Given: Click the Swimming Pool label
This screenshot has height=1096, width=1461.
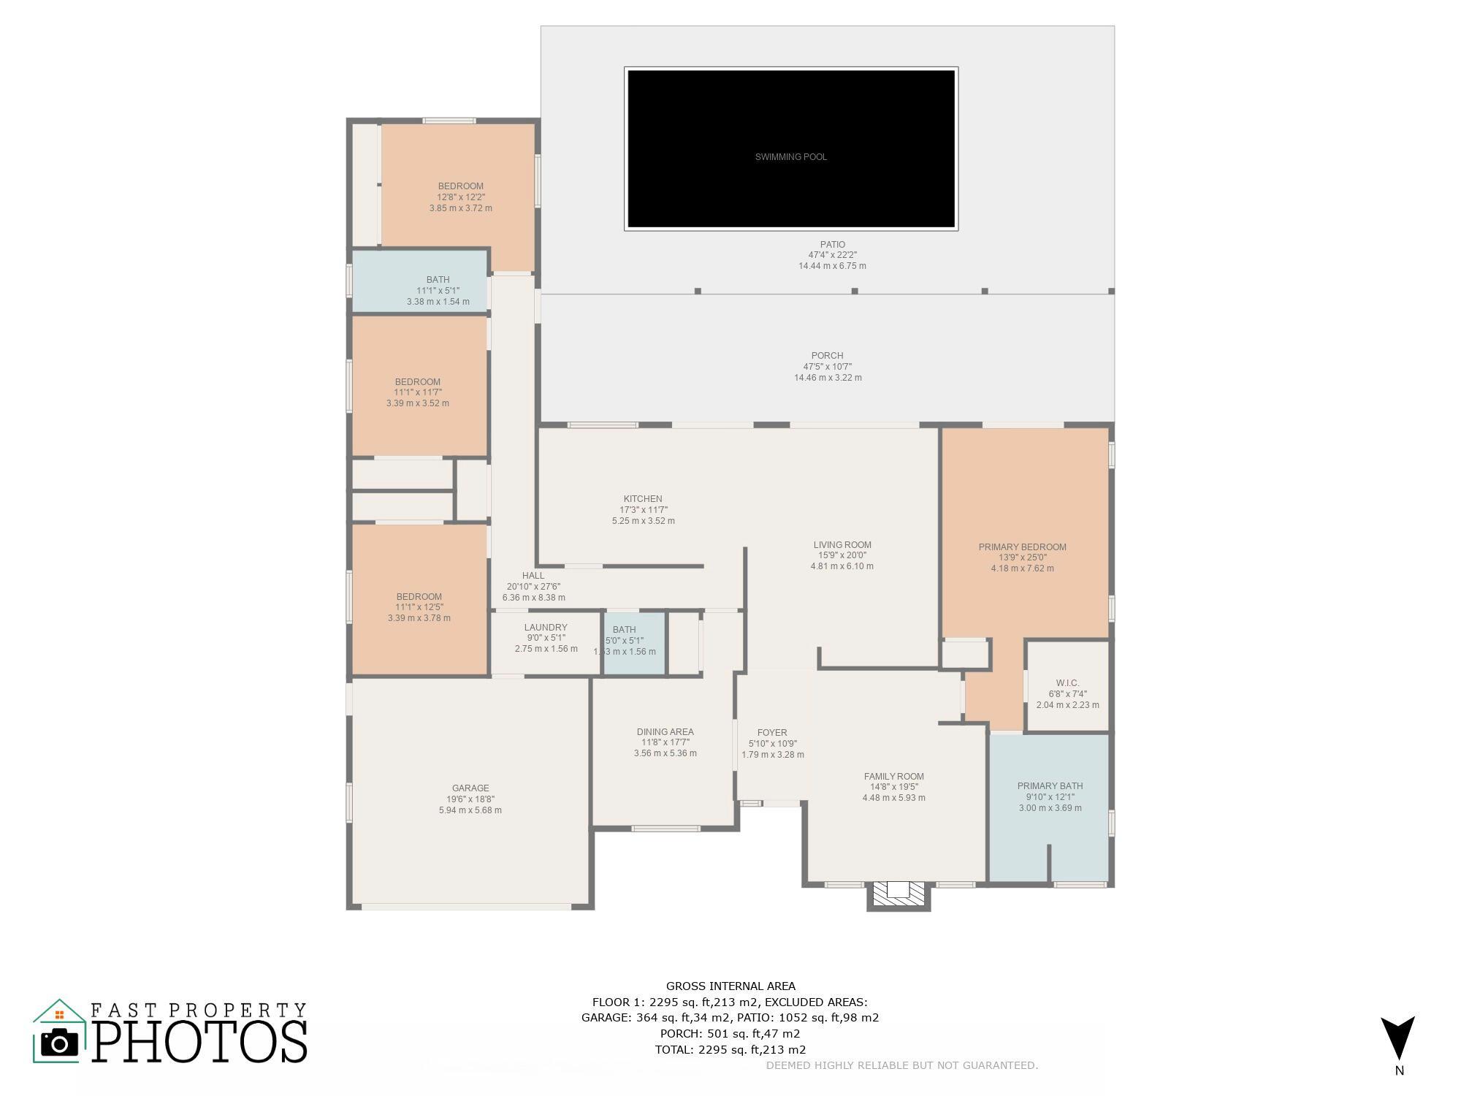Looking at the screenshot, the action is click(x=791, y=157).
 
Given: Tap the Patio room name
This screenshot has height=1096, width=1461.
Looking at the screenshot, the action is click(x=832, y=245).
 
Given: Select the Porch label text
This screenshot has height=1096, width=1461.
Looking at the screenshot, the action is click(x=828, y=356).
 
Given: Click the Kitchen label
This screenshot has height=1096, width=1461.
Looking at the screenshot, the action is click(x=643, y=499).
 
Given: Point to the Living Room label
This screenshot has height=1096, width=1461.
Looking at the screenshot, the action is click(x=842, y=544).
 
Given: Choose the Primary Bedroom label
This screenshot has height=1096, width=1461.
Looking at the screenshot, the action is click(x=1022, y=547).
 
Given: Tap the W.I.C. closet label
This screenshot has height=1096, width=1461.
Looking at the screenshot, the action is click(x=1067, y=683).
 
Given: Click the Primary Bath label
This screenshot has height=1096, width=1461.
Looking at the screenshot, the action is click(x=1050, y=786).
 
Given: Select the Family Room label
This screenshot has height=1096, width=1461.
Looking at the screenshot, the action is click(x=893, y=777).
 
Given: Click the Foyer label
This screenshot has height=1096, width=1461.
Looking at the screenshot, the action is click(x=772, y=733).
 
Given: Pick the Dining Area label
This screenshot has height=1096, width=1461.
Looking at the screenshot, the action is click(x=665, y=732).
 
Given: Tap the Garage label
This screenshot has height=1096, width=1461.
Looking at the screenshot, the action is click(x=470, y=788).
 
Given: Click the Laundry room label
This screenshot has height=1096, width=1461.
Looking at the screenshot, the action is click(x=546, y=628).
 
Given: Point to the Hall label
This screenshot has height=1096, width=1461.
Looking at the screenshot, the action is click(x=533, y=576).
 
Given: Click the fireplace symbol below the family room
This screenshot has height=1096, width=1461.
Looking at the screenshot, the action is click(x=899, y=895).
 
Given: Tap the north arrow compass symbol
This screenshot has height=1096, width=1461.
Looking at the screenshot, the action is click(x=1398, y=1038).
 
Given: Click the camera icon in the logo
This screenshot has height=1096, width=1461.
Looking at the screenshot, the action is click(x=59, y=1043).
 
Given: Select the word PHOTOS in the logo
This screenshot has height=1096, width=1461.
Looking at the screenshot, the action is click(x=199, y=1041).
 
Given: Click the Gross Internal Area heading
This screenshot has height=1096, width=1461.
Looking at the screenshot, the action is click(x=730, y=986).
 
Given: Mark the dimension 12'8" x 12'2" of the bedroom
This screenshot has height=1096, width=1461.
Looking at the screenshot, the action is click(x=461, y=197).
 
